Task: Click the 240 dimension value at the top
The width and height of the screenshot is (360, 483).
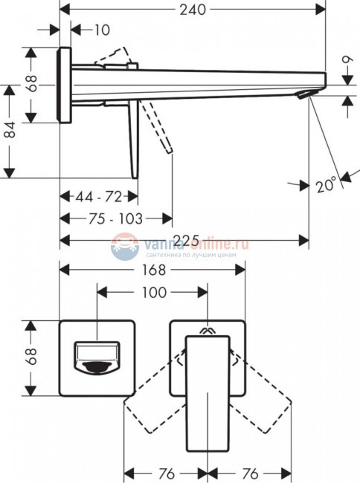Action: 193,10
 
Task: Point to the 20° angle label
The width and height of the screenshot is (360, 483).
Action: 325,184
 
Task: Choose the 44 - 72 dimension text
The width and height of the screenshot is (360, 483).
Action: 99,197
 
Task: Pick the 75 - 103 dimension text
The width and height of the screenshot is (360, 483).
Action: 114,218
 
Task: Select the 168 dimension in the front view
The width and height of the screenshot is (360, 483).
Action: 152,271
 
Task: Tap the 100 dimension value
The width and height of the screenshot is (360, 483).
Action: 152,292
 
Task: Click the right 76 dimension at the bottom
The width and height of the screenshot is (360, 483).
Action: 249,472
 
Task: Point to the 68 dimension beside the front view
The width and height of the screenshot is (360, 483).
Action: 30,358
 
